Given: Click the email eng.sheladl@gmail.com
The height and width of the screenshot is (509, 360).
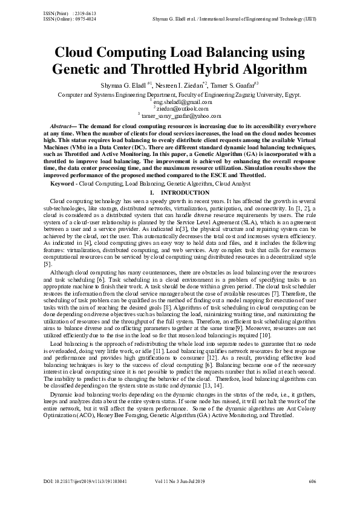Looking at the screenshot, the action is click(181, 102).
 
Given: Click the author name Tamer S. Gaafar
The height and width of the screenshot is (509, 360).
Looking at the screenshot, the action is click(237, 85).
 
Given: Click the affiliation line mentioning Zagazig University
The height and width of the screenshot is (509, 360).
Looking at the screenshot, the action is click(180, 95).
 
